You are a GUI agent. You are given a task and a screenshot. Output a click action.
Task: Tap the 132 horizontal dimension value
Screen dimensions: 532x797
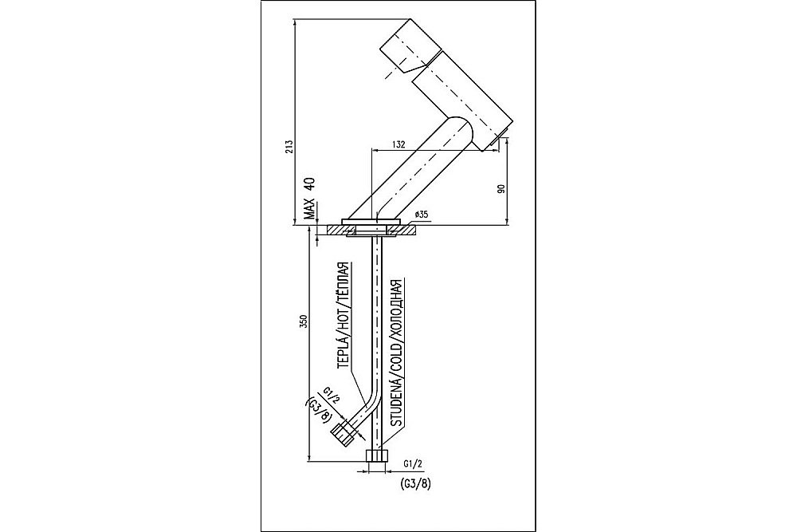[400, 144]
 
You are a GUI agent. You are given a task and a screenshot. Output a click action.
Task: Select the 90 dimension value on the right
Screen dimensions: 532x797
[501, 188]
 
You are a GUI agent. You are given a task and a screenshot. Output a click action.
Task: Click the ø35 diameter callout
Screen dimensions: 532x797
[422, 215]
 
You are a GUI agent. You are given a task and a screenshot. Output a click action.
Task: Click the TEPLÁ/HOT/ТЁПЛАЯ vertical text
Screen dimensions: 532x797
[344, 314]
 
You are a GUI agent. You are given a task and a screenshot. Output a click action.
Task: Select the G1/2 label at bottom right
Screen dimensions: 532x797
[412, 463]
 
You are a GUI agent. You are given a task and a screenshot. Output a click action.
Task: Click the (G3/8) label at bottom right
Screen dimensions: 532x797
[414, 483]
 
